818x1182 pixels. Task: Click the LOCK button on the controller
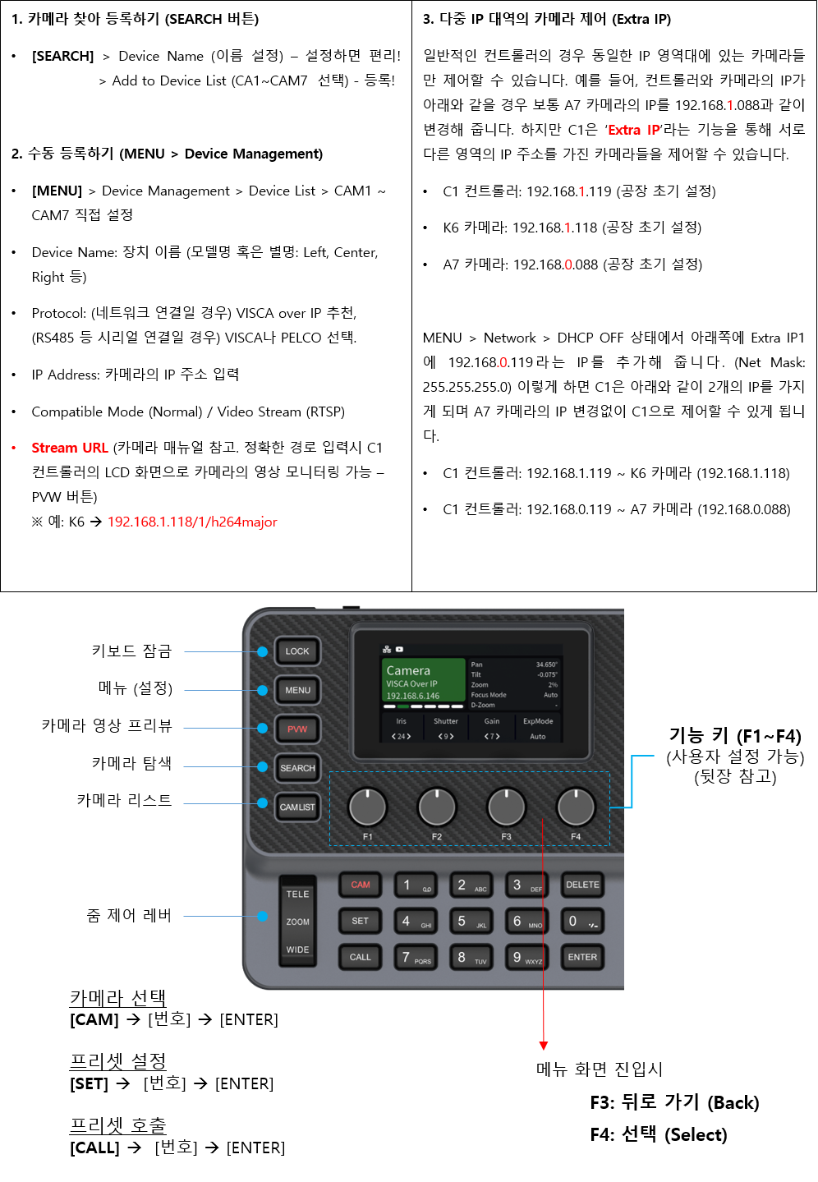(296, 651)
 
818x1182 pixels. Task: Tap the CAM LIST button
(296, 807)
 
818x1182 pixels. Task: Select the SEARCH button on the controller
(296, 768)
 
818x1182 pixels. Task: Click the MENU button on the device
(296, 690)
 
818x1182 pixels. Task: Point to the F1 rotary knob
(367, 807)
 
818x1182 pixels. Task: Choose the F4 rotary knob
(576, 807)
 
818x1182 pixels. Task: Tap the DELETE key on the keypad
(582, 885)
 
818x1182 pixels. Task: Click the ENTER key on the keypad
(582, 957)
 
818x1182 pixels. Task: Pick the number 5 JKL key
(471, 922)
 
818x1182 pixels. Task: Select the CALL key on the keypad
(360, 957)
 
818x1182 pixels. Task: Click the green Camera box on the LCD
(424, 680)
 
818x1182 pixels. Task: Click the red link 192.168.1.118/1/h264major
(192, 522)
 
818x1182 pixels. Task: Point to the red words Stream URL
(70, 448)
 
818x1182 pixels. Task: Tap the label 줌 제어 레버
(129, 915)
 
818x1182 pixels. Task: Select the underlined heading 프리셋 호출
(118, 1125)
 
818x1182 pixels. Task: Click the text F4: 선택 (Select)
(659, 1134)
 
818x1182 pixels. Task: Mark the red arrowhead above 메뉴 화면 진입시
(543, 1046)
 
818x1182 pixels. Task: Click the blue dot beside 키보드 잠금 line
(262, 651)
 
